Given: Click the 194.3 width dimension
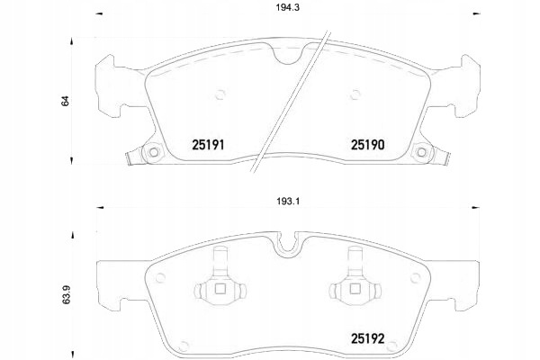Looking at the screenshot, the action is [x=287, y=7].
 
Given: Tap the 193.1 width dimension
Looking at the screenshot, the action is [x=288, y=202].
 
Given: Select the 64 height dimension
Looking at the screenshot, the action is [x=65, y=101].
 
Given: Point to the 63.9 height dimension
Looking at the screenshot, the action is [x=66, y=294].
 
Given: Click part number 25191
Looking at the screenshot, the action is [x=208, y=145].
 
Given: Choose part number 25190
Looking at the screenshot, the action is [x=367, y=145].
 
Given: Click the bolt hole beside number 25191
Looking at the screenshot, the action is [x=154, y=152].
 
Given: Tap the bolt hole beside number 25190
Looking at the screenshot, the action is [x=421, y=152].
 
